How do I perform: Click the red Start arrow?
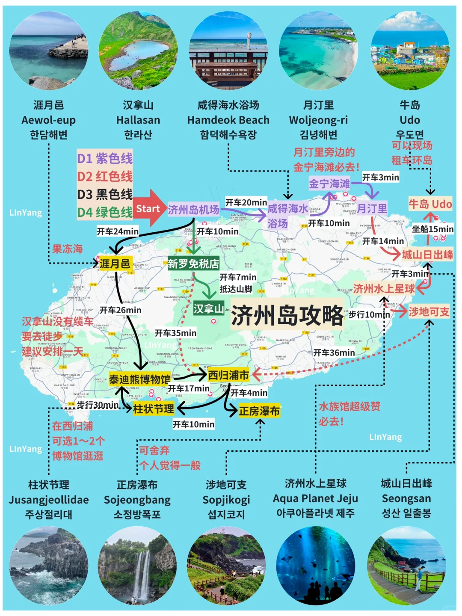148,208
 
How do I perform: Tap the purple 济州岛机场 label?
193,210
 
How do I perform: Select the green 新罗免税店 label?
193,264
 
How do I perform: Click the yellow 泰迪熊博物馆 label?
139,379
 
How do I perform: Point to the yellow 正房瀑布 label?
259,411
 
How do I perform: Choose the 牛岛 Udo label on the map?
430,204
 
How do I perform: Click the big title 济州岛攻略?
287,315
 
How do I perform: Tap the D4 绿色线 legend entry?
105,212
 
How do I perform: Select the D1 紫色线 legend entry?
105,158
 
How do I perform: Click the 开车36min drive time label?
334,353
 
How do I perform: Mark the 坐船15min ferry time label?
432,229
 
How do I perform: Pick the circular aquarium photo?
316,566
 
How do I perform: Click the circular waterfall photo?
137,566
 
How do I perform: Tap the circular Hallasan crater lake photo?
138,50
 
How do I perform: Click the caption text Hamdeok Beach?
228,120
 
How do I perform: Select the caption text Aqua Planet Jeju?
316,499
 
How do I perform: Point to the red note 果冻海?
67,249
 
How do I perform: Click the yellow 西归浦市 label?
228,375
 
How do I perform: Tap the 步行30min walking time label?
98,405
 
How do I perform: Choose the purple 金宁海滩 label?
329,184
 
